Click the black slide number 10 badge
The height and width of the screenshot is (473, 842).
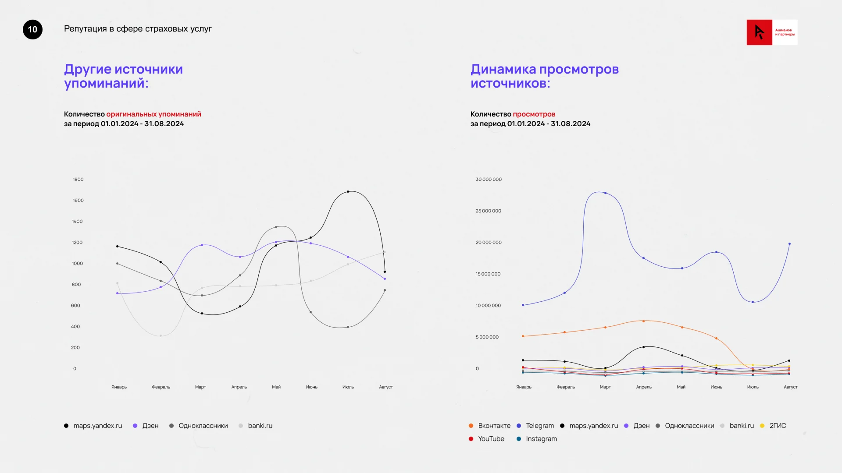tap(32, 29)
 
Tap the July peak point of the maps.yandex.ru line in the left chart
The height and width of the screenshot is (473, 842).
tap(348, 191)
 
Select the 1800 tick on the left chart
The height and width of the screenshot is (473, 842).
tap(78, 179)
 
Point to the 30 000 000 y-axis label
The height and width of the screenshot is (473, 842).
tap(489, 179)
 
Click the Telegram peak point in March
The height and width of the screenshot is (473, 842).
tap(606, 193)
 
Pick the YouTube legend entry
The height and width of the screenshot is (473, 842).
tap(487, 439)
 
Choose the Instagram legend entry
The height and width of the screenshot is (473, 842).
tap(537, 439)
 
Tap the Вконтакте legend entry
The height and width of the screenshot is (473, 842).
tap(490, 426)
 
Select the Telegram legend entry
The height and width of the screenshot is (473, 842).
tap(535, 426)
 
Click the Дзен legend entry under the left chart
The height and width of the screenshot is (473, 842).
tap(146, 426)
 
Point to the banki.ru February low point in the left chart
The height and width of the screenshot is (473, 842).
tap(161, 336)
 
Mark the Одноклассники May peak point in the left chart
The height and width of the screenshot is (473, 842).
tap(276, 227)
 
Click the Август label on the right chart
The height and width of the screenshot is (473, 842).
tap(790, 387)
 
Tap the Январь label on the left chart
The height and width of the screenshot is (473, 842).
tap(119, 387)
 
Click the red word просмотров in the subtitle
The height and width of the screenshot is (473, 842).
tap(534, 114)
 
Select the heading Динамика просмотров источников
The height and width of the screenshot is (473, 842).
tap(544, 76)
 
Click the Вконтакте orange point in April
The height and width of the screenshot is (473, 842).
tap(644, 321)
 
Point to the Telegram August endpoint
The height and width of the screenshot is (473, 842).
tap(789, 244)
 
